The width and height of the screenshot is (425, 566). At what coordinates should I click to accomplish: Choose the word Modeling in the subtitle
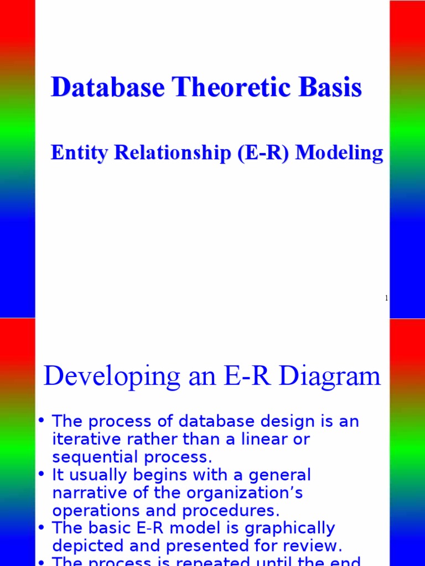click(339, 153)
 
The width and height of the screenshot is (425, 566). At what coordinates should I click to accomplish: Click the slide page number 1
click(386, 298)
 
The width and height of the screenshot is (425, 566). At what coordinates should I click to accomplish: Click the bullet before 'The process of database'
click(41, 421)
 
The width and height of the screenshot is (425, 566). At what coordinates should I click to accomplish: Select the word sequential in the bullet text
click(91, 458)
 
